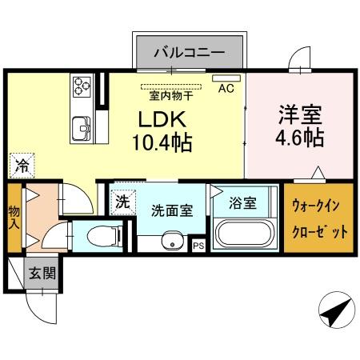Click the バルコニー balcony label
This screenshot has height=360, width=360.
click(190, 55)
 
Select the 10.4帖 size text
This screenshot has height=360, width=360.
click(166, 144)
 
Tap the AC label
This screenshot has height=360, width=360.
click(226, 89)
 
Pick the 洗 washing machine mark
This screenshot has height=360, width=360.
click(122, 202)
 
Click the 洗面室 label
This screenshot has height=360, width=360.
click(171, 211)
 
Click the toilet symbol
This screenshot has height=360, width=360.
click(99, 237)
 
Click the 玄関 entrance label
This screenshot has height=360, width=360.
click(42, 274)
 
